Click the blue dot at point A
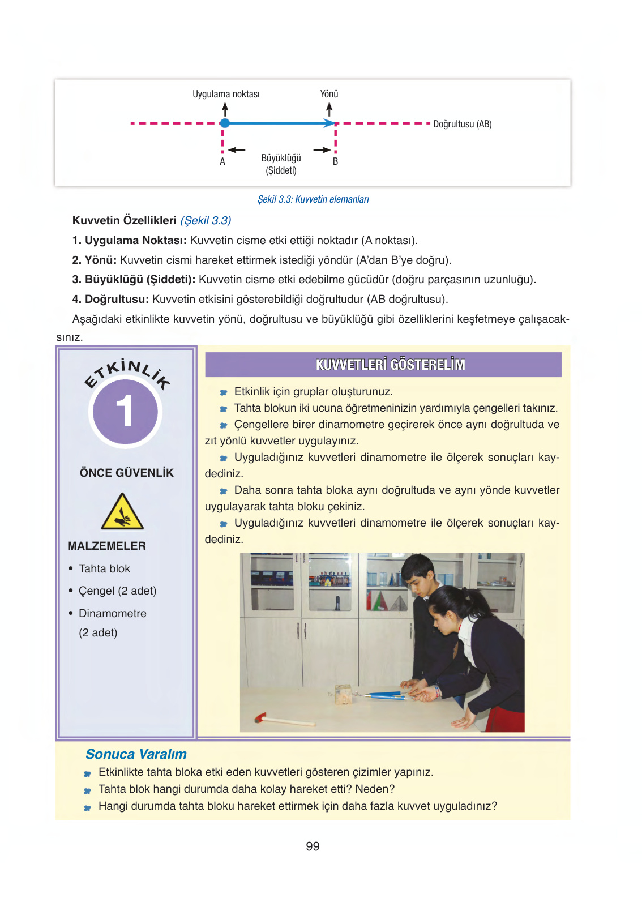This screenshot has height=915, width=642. click(x=225, y=123)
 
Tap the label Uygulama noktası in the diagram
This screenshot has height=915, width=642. click(x=226, y=94)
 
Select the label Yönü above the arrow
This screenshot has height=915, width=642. click(x=329, y=94)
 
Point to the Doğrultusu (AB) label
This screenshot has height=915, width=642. click(x=462, y=124)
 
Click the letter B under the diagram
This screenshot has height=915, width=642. click(x=335, y=161)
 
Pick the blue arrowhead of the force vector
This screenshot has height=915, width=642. click(x=329, y=123)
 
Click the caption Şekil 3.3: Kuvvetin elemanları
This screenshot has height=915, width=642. click(x=313, y=199)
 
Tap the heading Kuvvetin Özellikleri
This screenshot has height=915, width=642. click(x=125, y=220)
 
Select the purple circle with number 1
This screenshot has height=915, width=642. click(x=125, y=412)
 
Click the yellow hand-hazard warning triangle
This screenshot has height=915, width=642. click(x=122, y=512)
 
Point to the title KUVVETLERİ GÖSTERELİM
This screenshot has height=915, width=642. click(x=390, y=365)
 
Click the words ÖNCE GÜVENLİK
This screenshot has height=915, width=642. click(x=126, y=473)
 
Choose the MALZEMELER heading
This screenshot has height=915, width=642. click(x=106, y=546)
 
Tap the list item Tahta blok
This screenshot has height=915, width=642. click(x=104, y=568)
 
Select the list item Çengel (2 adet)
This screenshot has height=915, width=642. click(x=117, y=591)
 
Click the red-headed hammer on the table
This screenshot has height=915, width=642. click(x=262, y=719)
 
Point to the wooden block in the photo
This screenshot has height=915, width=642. click(x=343, y=694)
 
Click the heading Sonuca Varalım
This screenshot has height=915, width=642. click(x=136, y=754)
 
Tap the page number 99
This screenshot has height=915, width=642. click(x=313, y=846)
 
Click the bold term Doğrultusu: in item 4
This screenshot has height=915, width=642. click(x=117, y=299)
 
